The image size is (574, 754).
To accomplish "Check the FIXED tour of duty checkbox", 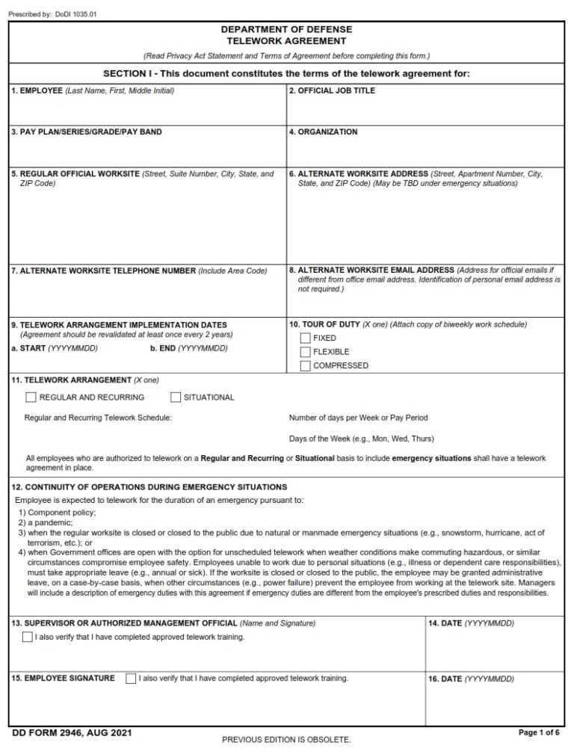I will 305,338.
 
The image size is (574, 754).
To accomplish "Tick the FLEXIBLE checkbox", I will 305,352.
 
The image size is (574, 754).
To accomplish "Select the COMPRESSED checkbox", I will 305,365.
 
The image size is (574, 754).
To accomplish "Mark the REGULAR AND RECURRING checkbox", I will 31,398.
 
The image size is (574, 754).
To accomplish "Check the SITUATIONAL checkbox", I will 176,398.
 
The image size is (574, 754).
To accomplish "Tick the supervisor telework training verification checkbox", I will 28,637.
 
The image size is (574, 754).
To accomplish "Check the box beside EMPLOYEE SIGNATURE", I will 132,679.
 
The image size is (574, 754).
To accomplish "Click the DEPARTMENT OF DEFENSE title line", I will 286,30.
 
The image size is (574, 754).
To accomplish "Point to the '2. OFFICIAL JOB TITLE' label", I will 332,91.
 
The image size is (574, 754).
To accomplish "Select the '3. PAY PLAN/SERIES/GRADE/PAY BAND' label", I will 86,132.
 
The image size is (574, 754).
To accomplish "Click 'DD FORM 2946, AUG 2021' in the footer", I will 72,734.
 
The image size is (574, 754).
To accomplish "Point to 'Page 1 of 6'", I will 539,733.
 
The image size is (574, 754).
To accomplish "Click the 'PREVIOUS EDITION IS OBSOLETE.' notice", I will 286,740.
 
